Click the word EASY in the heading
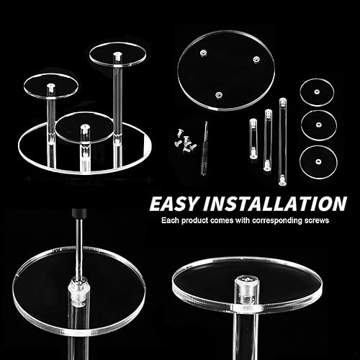pos(174,204)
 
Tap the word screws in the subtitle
pos(317,220)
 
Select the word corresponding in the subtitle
pos(277,221)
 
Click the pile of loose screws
pos(185,143)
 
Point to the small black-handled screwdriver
pos(204,149)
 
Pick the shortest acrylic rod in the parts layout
pos(253,139)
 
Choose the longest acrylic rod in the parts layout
pos(282,142)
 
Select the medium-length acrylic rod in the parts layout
pos(268,140)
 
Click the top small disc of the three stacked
pos(317,92)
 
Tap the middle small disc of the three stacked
pos(319,125)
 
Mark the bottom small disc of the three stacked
pos(318,161)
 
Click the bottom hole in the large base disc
pos(218,95)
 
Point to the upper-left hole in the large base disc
pos(204,53)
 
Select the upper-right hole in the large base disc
pos(256,59)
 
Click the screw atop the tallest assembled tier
pos(117,56)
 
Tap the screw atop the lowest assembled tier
pos(84,129)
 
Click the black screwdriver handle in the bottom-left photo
pos(79,213)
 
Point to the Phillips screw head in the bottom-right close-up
pos(246,279)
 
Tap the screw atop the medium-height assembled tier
pos(51,88)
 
